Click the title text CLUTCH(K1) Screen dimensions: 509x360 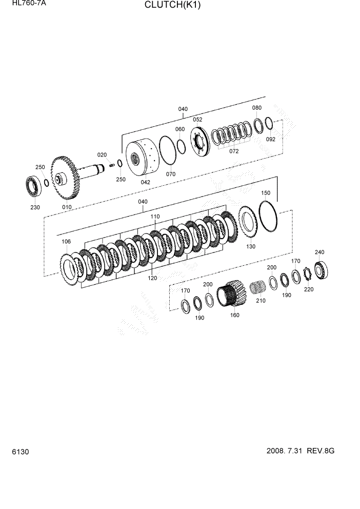[x=172, y=6]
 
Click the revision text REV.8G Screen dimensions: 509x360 [x=321, y=451]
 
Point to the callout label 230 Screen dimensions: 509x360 [x=35, y=207]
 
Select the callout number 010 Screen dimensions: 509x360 [x=67, y=207]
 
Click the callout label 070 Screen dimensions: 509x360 [x=170, y=174]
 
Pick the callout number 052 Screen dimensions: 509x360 [x=197, y=119]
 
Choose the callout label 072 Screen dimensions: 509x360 [x=234, y=151]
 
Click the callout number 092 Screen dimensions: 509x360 [x=271, y=139]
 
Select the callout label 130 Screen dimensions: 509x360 [x=250, y=246]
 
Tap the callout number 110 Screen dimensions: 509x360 [x=154, y=217]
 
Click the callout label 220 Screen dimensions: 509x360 [x=308, y=289]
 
